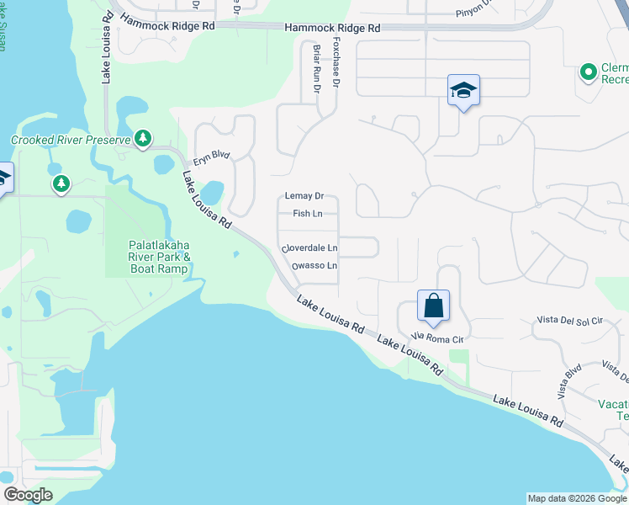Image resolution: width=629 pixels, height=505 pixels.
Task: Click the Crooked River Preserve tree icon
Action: pyautogui.click(x=143, y=138)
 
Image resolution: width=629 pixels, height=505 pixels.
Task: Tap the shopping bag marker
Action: pyautogui.click(x=433, y=306)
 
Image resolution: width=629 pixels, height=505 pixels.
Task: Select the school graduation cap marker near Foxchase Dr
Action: pyautogui.click(x=462, y=90)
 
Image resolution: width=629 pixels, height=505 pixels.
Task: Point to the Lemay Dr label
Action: pyautogui.click(x=304, y=196)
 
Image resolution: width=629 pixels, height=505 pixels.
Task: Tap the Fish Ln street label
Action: pyautogui.click(x=307, y=214)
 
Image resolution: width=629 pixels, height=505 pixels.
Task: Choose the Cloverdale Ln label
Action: pyautogui.click(x=310, y=248)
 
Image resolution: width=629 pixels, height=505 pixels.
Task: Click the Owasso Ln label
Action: pyautogui.click(x=314, y=266)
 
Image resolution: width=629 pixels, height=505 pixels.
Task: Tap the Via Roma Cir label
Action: pyautogui.click(x=437, y=339)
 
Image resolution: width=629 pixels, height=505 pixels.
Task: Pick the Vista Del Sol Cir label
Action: pyautogui.click(x=571, y=321)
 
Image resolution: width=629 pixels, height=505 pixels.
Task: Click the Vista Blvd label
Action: pyautogui.click(x=569, y=381)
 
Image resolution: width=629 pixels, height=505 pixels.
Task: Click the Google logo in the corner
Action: pyautogui.click(x=28, y=495)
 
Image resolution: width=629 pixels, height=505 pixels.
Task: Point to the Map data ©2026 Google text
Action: pyautogui.click(x=577, y=498)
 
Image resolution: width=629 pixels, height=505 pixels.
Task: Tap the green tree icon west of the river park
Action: pyautogui.click(x=61, y=183)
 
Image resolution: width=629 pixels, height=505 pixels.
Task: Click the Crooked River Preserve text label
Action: pyautogui.click(x=71, y=140)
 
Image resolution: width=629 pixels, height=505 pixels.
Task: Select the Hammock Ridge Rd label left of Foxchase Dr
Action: pyautogui.click(x=167, y=25)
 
